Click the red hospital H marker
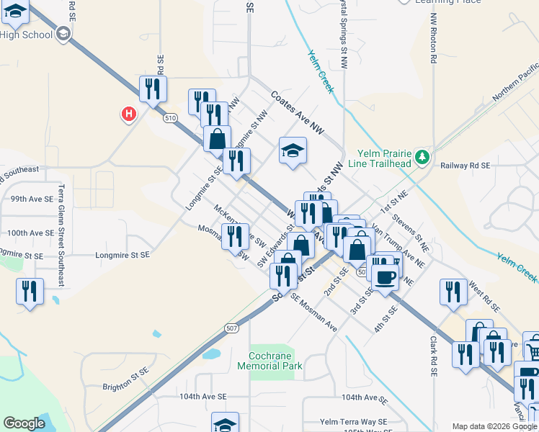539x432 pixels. (x=128, y=113)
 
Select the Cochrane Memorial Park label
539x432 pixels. (x=270, y=361)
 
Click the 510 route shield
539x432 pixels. (x=170, y=118)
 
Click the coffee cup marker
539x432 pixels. (x=386, y=276)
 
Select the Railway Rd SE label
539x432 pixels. (x=465, y=165)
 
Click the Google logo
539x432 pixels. (x=24, y=423)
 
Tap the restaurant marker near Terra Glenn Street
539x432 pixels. (x=30, y=292)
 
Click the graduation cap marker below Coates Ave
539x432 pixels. (x=292, y=150)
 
